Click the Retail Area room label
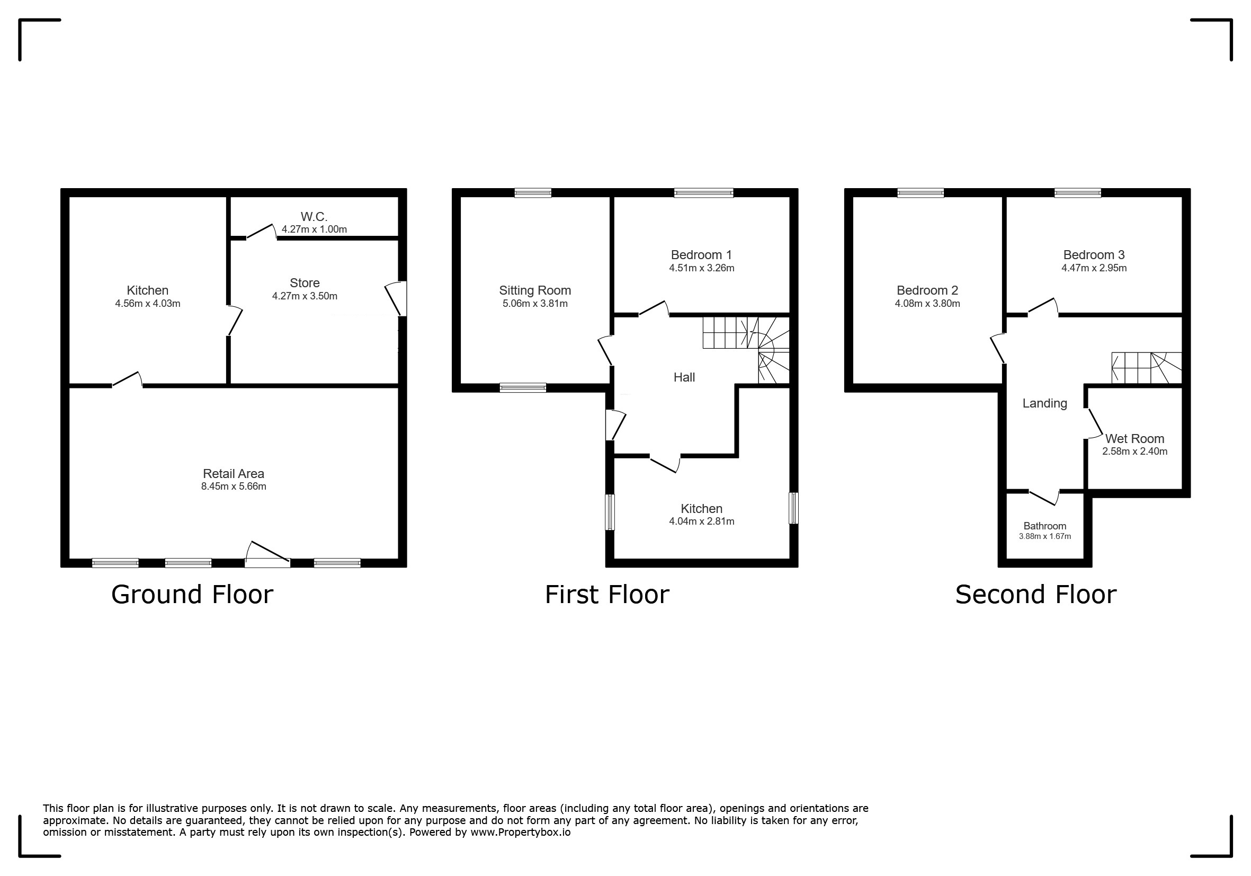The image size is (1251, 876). pos(233,474)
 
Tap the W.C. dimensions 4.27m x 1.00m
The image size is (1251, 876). pos(315,229)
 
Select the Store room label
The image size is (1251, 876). pos(305,283)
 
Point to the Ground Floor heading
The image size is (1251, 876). pos(192,594)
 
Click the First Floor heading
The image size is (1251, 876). pos(607,594)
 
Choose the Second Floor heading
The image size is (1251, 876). pos(1036,594)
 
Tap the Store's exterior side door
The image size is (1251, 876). pos(396,298)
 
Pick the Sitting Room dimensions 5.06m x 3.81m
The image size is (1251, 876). pos(535,304)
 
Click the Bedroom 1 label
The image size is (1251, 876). pos(701,254)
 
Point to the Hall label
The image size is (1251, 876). pos(684,377)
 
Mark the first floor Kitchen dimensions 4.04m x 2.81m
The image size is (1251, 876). pos(702,521)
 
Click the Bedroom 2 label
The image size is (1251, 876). pos(927,290)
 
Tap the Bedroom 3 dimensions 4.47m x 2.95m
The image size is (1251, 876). pos(1094,268)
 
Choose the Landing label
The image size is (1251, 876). pos(1044,403)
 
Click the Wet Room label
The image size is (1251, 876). pos(1135,439)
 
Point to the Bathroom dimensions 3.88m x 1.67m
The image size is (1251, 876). pos(1045,536)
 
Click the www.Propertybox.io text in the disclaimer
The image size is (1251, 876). pos(520,833)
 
